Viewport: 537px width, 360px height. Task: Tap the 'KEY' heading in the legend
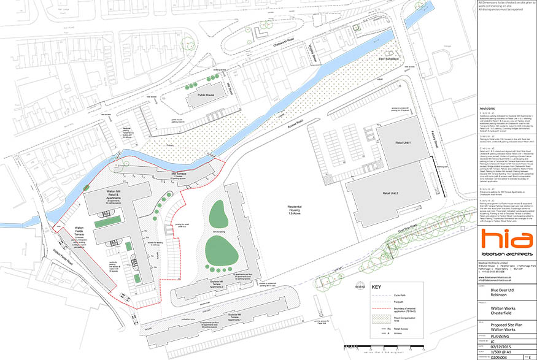376,285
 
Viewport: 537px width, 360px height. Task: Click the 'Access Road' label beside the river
297,125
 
